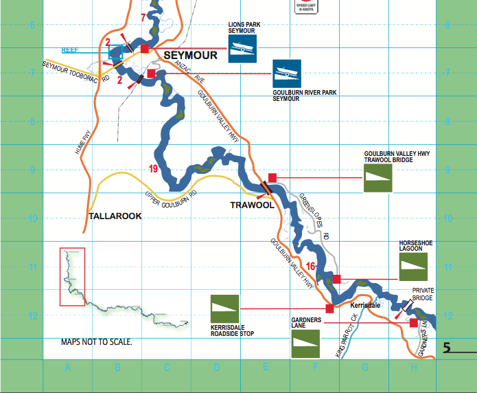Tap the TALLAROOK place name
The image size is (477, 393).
click(x=115, y=216)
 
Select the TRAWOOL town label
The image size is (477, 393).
click(x=252, y=205)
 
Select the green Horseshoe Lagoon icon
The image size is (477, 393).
click(x=413, y=267)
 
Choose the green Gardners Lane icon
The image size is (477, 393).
click(x=306, y=344)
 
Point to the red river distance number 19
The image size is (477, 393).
click(x=154, y=168)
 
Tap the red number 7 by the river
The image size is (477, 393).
click(x=143, y=17)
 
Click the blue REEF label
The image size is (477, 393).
click(x=70, y=50)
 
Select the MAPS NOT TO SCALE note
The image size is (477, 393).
click(x=96, y=341)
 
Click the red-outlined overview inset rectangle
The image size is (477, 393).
click(x=72, y=277)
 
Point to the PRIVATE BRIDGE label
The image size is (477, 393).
click(x=422, y=293)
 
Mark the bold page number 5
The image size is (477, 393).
click(x=447, y=348)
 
